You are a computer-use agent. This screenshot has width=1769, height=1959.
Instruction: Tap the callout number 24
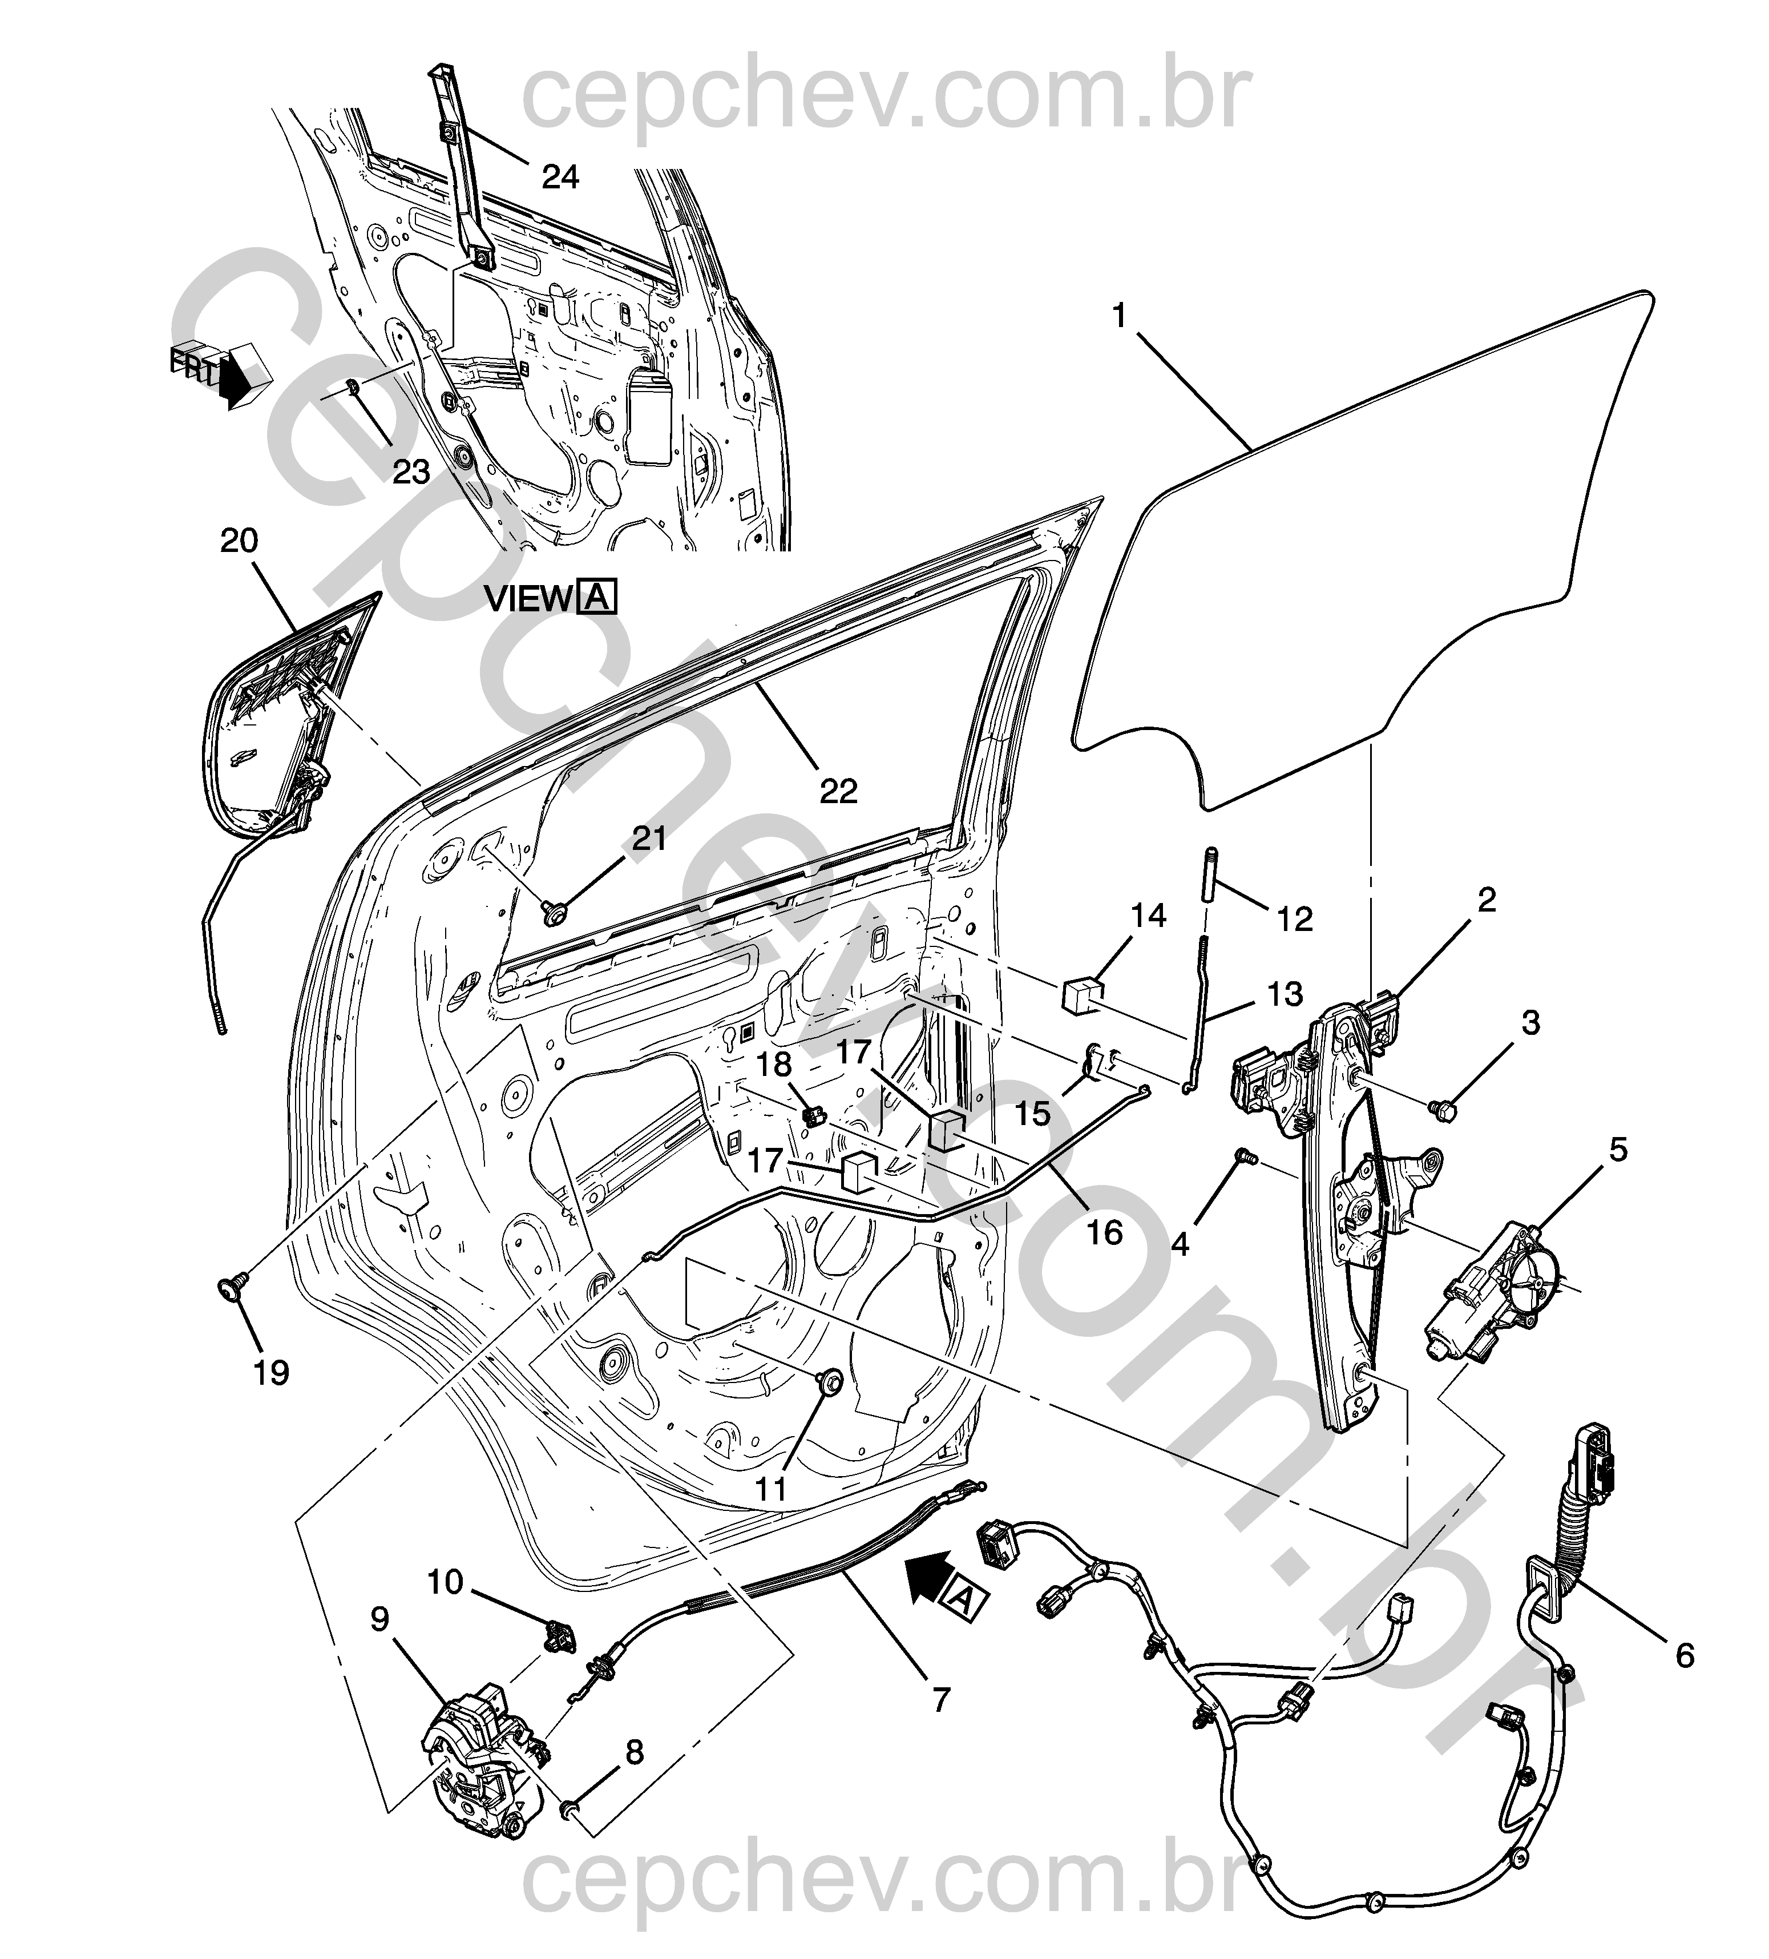pos(560,177)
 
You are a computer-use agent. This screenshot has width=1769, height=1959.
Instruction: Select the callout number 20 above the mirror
pos(239,541)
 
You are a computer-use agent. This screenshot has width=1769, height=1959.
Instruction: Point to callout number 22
pos(838,791)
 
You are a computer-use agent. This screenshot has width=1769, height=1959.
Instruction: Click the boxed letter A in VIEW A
pos(596,596)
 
